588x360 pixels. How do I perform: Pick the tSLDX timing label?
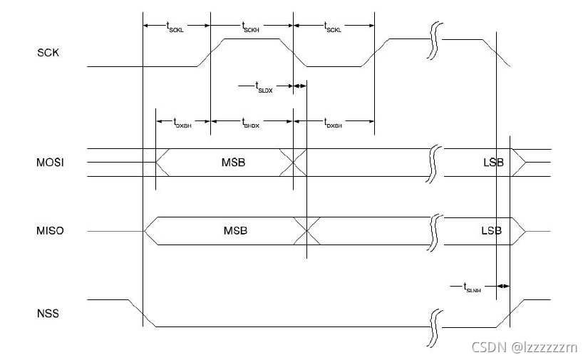click(265, 88)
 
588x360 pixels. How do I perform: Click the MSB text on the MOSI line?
click(234, 163)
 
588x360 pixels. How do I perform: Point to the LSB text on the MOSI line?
click(492, 163)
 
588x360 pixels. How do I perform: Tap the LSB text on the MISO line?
click(491, 231)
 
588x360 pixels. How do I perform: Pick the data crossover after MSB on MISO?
click(306, 231)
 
